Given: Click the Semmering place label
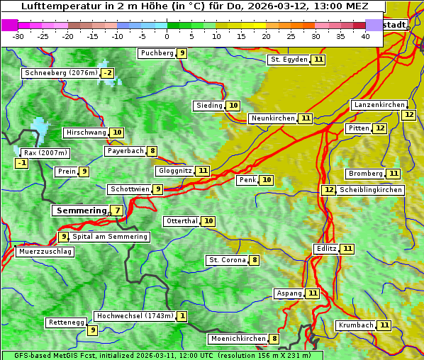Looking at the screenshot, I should click(x=80, y=210).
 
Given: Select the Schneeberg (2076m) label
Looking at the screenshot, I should click(x=60, y=73).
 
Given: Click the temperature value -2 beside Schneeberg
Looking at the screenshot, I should click(x=107, y=73).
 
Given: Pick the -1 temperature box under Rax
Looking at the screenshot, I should click(x=22, y=164).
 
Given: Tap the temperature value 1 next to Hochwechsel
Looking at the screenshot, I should click(x=182, y=316).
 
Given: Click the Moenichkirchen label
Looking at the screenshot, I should click(x=238, y=339).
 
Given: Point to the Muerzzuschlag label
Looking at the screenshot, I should click(x=45, y=252).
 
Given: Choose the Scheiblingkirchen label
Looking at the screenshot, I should click(x=370, y=190).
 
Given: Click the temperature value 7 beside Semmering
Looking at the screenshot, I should click(x=116, y=210).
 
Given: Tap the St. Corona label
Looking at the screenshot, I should click(x=227, y=260).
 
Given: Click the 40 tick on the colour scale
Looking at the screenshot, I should click(x=365, y=36).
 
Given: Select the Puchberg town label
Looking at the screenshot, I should click(x=157, y=53).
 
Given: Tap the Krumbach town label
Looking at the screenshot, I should click(x=356, y=325).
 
